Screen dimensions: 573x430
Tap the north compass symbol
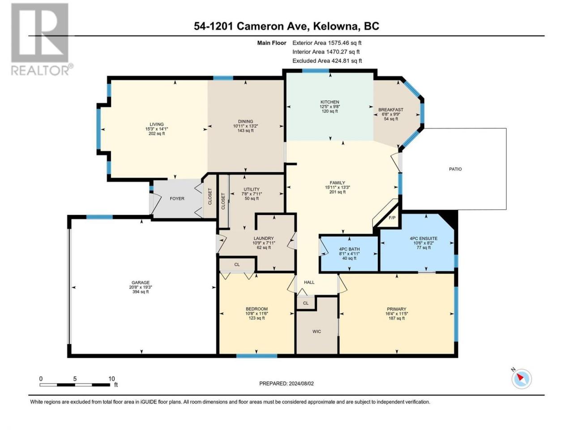pyautogui.click(x=522, y=378)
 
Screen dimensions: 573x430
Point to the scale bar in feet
pyautogui.click(x=75, y=384)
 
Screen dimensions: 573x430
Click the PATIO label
pyautogui.click(x=455, y=169)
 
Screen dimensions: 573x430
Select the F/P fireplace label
pyautogui.click(x=392, y=218)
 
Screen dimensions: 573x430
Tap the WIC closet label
pyautogui.click(x=316, y=331)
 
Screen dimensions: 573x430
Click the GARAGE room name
pyautogui.click(x=141, y=282)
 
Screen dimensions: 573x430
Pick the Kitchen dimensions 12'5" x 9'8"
pyautogui.click(x=330, y=107)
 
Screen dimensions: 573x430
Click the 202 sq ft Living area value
pyautogui.click(x=157, y=133)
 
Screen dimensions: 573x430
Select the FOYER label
pyautogui.click(x=177, y=198)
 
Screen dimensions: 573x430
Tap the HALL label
pyautogui.click(x=309, y=282)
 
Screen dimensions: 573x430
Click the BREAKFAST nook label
pyautogui.click(x=391, y=110)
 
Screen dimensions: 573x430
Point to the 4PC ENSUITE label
pyautogui.click(x=423, y=238)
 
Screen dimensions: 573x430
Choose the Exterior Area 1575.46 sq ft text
pyautogui.click(x=327, y=43)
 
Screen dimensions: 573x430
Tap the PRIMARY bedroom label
pyautogui.click(x=397, y=309)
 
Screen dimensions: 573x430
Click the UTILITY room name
pyautogui.click(x=252, y=189)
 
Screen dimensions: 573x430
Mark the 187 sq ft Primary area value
pyautogui.click(x=397, y=318)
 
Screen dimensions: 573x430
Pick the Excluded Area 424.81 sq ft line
pyautogui.click(x=327, y=61)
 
